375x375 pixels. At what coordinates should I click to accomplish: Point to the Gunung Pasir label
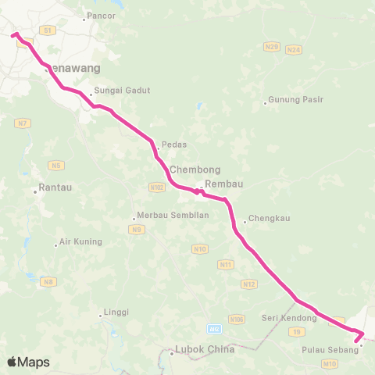(x=295, y=100)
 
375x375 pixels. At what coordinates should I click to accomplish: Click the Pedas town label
(x=173, y=145)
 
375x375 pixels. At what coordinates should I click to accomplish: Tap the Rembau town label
(x=220, y=184)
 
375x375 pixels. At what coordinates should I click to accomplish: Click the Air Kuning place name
(x=80, y=242)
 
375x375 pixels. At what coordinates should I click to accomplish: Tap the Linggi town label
(x=116, y=315)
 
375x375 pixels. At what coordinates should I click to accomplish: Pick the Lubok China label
(x=205, y=350)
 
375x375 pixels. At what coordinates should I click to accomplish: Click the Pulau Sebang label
(x=330, y=350)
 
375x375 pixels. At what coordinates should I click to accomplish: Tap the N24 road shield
(x=294, y=49)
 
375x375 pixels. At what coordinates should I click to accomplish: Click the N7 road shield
(x=20, y=123)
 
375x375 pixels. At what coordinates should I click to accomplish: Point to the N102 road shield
(x=155, y=187)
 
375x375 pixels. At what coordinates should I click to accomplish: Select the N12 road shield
(x=249, y=284)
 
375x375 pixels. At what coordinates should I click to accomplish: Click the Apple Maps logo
(x=27, y=362)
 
